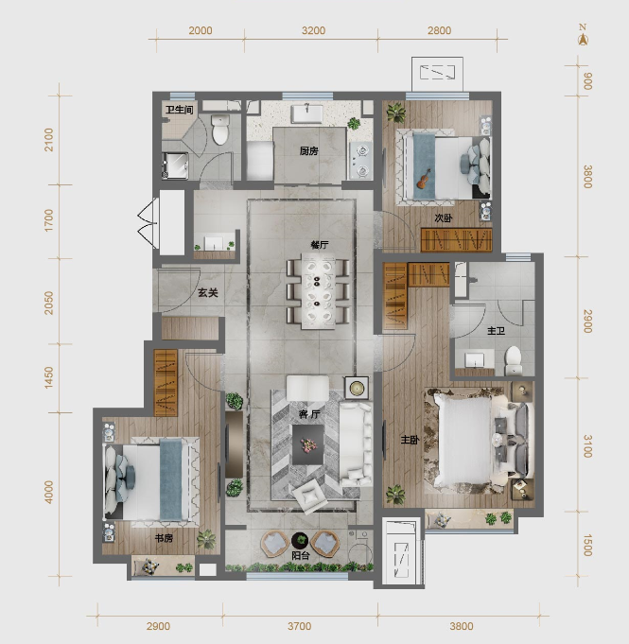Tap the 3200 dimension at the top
point(313,30)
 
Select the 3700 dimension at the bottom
point(300,626)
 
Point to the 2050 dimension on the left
point(49,304)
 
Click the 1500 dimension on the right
point(587,546)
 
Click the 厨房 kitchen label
point(309,151)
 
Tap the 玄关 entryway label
point(208,293)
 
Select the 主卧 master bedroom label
point(410,440)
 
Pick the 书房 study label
point(164,538)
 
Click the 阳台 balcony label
point(301,556)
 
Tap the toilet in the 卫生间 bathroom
point(220,130)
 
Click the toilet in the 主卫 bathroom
point(513,360)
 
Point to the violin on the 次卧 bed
point(424,179)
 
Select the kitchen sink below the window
point(307,114)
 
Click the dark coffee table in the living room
point(308,444)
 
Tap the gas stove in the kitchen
point(360,161)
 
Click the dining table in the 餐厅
point(317,291)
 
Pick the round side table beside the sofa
point(357,388)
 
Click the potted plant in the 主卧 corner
point(395,494)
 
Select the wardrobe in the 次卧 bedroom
point(457,239)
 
